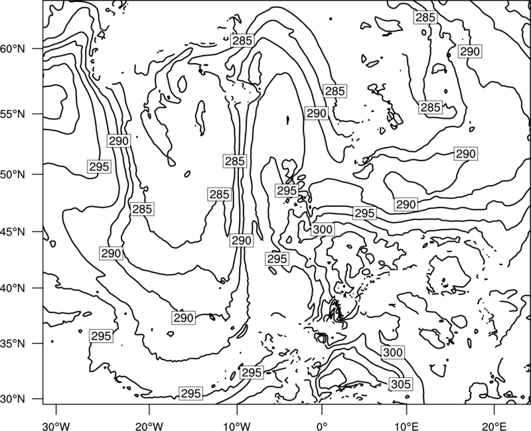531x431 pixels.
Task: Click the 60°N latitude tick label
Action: (x=13, y=49)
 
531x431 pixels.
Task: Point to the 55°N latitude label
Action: (x=13, y=114)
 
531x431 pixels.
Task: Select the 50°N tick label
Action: (x=13, y=174)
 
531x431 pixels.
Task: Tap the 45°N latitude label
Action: (x=13, y=231)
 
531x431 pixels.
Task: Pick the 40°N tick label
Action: (x=13, y=288)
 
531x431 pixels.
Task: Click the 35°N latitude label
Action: (x=13, y=343)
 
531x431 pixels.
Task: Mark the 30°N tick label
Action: (x=13, y=399)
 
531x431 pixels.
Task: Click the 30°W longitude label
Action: (x=56, y=426)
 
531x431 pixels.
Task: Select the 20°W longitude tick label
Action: (x=149, y=426)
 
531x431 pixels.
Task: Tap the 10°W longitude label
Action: (x=237, y=426)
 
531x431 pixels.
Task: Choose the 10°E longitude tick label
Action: (x=406, y=426)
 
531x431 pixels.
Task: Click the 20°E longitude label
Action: (x=494, y=426)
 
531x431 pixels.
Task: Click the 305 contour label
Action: (x=401, y=385)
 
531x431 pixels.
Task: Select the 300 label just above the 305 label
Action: (x=393, y=353)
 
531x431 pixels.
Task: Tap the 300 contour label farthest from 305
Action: (x=323, y=229)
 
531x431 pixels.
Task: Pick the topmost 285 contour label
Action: (x=425, y=17)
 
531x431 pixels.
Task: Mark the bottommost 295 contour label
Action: (x=191, y=393)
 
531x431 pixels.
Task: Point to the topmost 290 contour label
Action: (x=470, y=52)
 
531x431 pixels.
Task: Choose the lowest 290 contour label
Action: (x=184, y=318)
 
